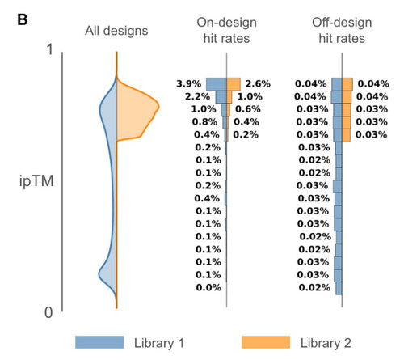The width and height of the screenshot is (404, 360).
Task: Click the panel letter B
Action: tap(23, 19)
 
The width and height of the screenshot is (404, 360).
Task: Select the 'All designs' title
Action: tap(116, 31)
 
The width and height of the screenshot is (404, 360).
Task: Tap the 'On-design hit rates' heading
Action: tap(226, 30)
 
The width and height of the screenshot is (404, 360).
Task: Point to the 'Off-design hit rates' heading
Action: tap(342, 30)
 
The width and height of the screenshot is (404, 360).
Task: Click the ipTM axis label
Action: tap(36, 181)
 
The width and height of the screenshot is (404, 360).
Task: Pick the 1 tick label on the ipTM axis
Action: tap(50, 49)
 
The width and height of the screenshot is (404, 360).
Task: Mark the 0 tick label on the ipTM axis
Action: tap(48, 313)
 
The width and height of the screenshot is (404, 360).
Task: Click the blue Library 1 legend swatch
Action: tap(99, 342)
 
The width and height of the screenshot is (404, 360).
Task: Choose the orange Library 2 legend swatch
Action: tap(266, 342)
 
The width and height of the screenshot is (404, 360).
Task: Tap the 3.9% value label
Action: tap(189, 84)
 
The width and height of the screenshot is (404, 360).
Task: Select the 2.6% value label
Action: tap(258, 84)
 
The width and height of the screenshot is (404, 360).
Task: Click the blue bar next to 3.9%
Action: tap(217, 84)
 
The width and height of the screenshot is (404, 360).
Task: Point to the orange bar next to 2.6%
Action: tap(234, 84)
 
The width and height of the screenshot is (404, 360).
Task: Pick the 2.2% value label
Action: tap(197, 96)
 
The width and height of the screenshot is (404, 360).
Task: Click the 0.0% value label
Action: tap(208, 288)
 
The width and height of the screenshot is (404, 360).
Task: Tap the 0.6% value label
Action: tap(248, 109)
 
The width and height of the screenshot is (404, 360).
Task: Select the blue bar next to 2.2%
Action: tap(221, 97)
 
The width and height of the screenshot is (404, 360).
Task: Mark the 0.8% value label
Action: tap(204, 122)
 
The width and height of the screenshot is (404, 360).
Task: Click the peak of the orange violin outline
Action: tap(159, 108)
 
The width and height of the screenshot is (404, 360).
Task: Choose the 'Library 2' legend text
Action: tap(326, 343)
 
